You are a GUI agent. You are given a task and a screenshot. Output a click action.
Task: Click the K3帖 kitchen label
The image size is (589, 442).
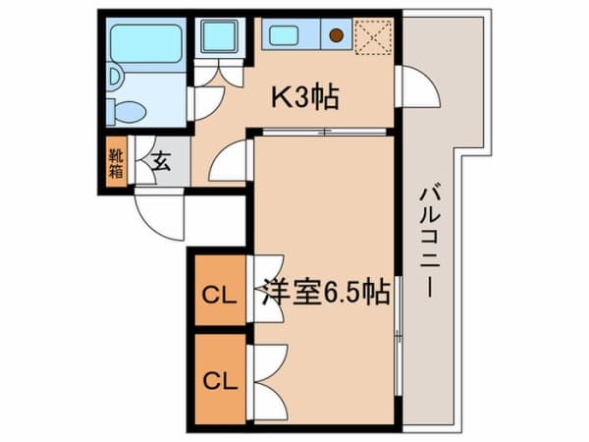[305, 97]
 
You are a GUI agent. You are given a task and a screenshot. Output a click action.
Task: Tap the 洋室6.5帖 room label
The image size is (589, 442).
[325, 292]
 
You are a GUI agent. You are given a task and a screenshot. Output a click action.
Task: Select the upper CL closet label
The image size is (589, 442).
[220, 296]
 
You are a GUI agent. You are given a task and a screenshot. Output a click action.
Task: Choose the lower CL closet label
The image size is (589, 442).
[221, 381]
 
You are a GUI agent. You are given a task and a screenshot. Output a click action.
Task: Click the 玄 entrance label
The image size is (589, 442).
[162, 162]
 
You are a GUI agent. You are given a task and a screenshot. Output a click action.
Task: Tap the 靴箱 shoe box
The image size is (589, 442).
[116, 163]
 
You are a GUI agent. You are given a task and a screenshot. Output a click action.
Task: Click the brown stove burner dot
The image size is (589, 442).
[336, 35]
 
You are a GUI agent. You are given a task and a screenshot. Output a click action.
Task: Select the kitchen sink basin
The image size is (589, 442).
[284, 35]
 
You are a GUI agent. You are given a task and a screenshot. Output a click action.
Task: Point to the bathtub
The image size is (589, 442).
[146, 44]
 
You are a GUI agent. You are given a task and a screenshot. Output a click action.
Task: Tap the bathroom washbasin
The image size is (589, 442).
[116, 77]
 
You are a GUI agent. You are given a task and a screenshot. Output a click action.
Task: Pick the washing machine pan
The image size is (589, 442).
[220, 36]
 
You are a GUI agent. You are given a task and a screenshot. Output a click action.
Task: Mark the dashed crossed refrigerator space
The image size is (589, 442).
[373, 37]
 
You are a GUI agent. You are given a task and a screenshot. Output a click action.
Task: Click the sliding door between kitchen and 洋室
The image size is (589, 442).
[324, 132]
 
